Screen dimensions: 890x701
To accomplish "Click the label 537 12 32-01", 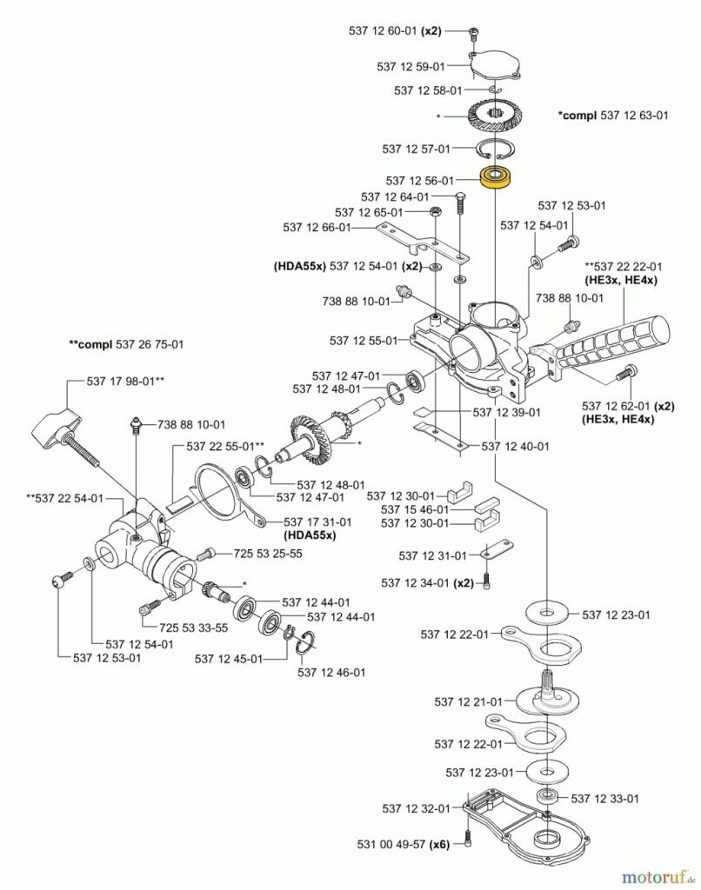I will point(416,808).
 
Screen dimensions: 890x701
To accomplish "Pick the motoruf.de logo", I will point(658,874).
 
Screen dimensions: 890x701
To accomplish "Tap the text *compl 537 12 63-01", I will point(613,116).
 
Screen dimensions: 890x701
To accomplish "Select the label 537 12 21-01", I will point(468,701).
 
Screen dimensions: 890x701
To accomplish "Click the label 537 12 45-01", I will point(229,659).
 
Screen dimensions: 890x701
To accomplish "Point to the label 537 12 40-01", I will point(516,446).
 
